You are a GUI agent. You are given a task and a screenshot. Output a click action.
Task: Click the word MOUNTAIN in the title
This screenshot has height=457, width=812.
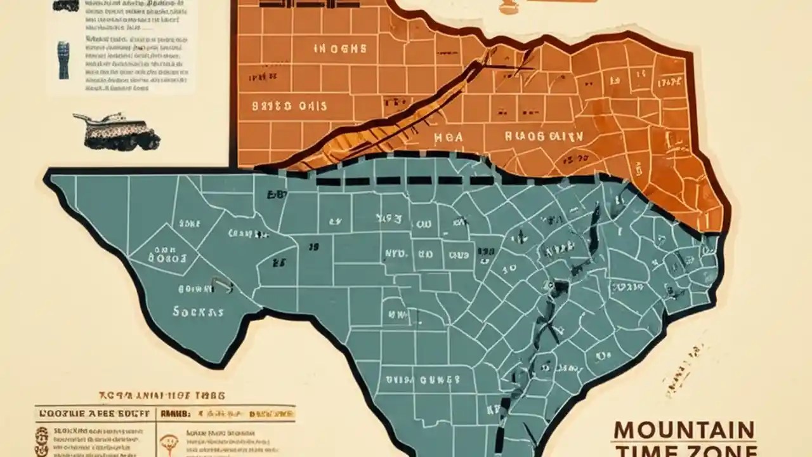(x=683, y=430)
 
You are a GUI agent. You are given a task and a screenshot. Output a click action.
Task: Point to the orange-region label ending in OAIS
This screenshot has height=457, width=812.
(x=289, y=105)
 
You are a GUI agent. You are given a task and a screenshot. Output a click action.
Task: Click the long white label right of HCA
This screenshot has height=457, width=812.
(x=544, y=135)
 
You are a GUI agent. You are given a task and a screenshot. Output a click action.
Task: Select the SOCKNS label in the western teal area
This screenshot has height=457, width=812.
(x=198, y=312)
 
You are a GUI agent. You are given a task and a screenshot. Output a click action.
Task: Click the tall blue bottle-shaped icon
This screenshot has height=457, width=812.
(x=64, y=60)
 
